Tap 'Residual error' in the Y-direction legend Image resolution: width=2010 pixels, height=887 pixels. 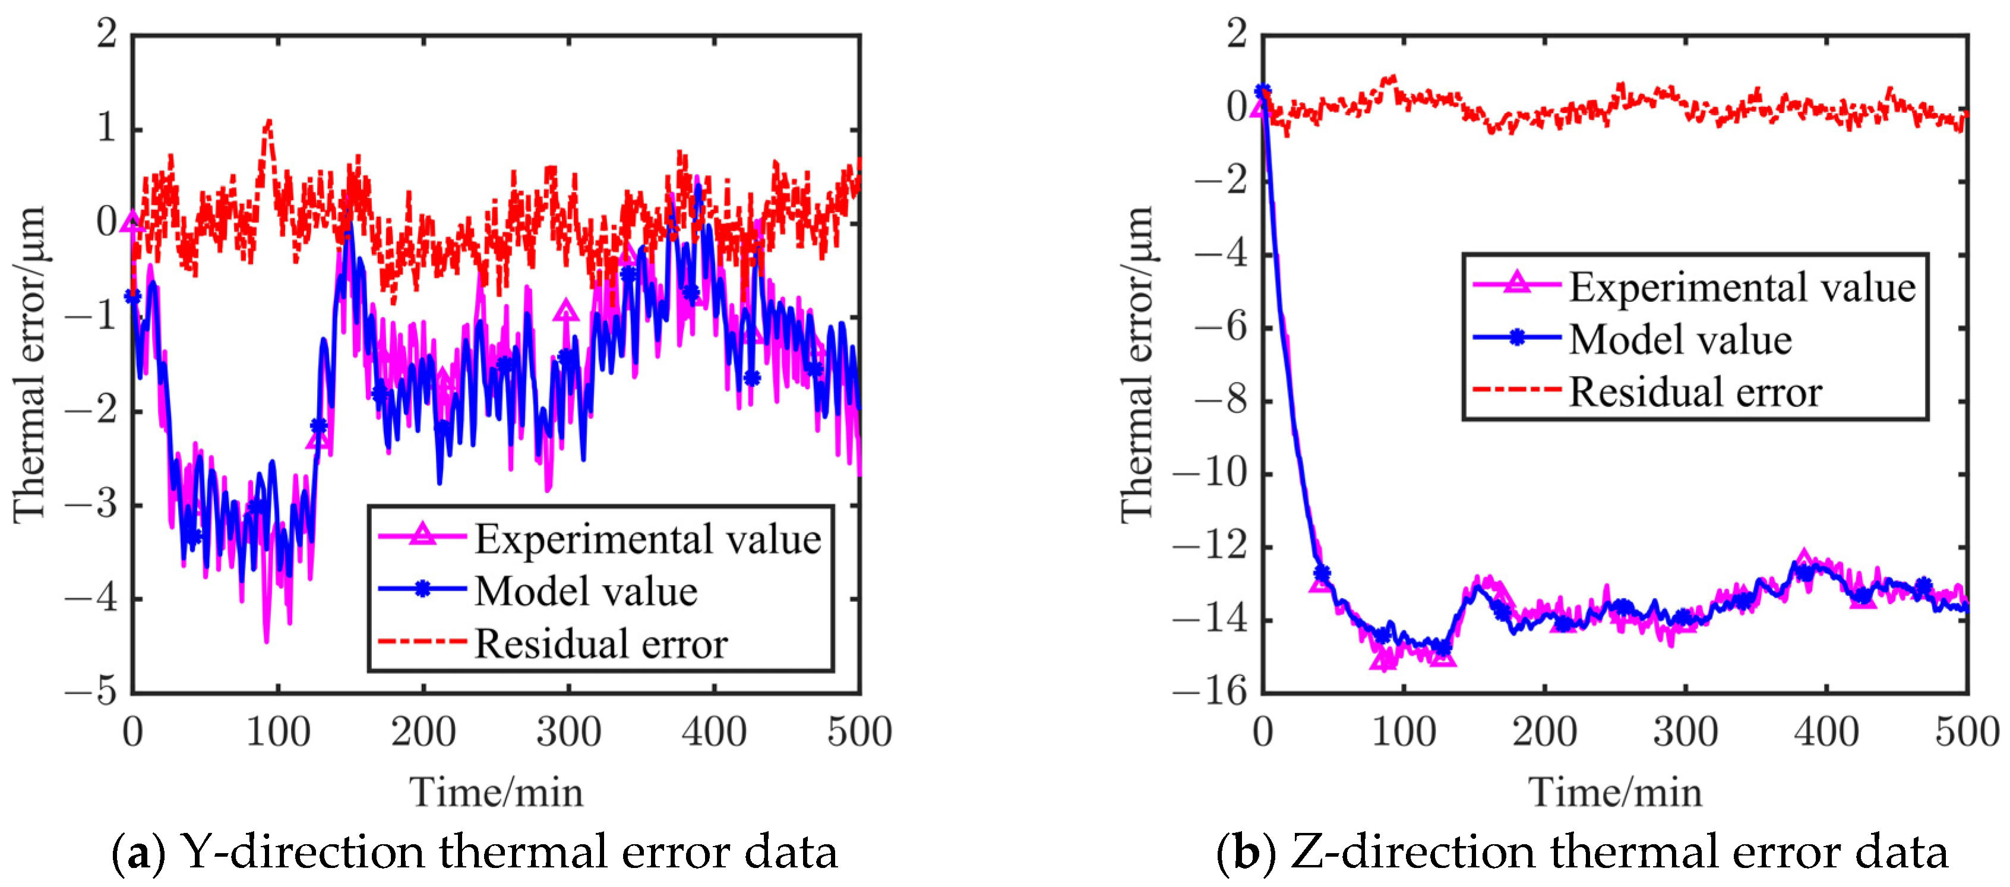click(x=601, y=645)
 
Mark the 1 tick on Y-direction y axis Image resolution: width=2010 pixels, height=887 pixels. click(x=107, y=129)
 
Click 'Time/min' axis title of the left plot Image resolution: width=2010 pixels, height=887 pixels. click(x=496, y=793)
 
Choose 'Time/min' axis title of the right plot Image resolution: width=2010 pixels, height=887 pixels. click(x=1614, y=793)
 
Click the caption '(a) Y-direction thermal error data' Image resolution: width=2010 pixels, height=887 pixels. click(x=475, y=852)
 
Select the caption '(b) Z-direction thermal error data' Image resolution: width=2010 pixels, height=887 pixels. click(x=1582, y=852)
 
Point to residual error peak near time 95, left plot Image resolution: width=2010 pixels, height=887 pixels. click(x=268, y=122)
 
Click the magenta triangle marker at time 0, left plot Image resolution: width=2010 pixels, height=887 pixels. click(x=132, y=222)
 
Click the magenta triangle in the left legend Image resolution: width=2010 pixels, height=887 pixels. click(x=422, y=534)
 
